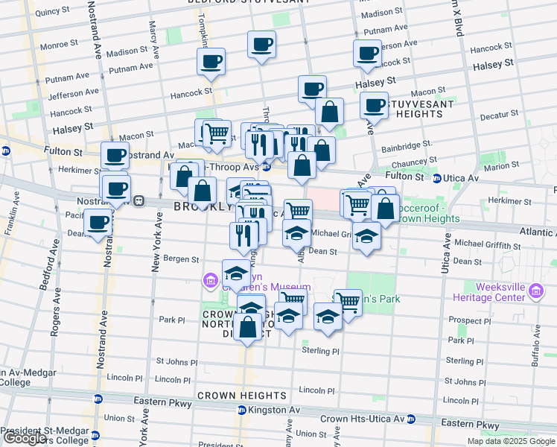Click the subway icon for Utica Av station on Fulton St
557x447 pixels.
pyautogui.click(x=437, y=177)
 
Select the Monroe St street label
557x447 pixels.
pyautogui.click(x=54, y=45)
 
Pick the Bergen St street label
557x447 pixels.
pyautogui.click(x=183, y=260)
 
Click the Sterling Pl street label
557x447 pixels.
pyautogui.click(x=320, y=350)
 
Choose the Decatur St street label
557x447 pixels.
pyautogui.click(x=499, y=115)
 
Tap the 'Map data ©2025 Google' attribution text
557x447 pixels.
pyautogui.click(x=510, y=441)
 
